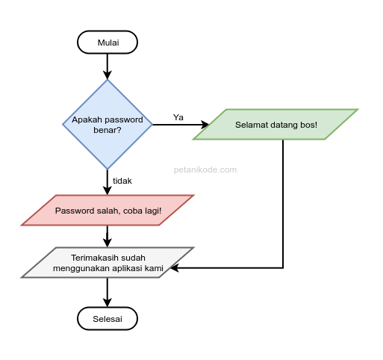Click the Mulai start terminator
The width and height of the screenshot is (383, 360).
(x=108, y=43)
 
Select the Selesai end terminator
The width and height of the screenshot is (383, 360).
(x=108, y=319)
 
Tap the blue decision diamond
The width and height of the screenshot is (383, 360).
(x=108, y=125)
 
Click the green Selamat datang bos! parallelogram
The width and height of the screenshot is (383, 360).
(x=275, y=125)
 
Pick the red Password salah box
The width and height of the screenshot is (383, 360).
(x=108, y=211)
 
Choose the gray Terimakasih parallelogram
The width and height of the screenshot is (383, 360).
(x=108, y=263)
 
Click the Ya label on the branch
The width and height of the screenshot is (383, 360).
(x=178, y=117)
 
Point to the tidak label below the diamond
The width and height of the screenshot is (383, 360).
(x=122, y=181)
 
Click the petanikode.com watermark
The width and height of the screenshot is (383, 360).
(x=205, y=170)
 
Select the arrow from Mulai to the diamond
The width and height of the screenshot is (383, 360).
(x=108, y=66)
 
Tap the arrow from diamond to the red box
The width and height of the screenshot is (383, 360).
(x=108, y=181)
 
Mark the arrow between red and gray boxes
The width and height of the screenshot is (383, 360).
(x=108, y=236)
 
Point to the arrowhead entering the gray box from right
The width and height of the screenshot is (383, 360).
(x=176, y=267)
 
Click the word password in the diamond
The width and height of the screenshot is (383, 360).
(x=123, y=120)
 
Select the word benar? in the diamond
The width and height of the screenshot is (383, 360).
(x=108, y=130)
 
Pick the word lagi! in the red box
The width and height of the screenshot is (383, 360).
(x=150, y=211)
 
